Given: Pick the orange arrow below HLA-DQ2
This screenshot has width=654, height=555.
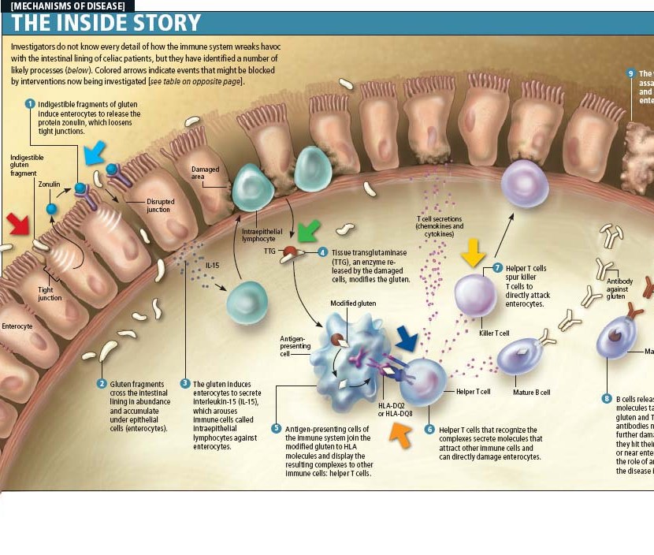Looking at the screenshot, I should (403, 433).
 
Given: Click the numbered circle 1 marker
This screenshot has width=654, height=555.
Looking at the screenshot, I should (30, 103).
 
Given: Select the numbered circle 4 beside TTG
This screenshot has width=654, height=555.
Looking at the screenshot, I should (323, 252).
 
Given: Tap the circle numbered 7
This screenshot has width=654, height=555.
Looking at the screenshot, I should (498, 268).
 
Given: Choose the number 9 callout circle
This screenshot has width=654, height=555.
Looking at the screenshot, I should (630, 73).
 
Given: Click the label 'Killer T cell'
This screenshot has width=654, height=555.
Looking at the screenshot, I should (495, 333).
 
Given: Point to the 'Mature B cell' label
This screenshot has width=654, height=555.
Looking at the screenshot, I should (532, 392).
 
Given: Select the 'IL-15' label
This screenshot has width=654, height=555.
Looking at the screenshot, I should (213, 266).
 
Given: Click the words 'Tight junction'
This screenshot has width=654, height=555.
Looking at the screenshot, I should (50, 294).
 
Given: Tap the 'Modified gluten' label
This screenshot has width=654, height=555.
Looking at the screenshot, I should (353, 303).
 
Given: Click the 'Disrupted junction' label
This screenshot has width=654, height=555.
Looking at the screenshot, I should (161, 205).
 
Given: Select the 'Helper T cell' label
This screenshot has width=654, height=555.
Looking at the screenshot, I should (474, 392).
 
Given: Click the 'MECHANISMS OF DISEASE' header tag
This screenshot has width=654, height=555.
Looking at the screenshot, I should (68, 6).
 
